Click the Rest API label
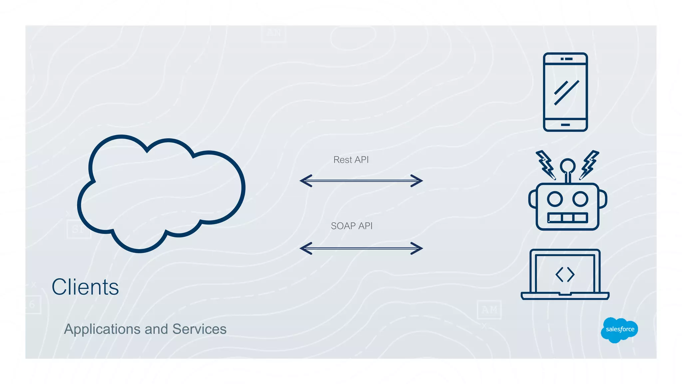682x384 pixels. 351,160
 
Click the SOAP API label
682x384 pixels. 351,226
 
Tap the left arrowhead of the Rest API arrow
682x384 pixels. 305,181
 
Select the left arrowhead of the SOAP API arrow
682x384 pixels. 305,248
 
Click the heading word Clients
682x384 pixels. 85,287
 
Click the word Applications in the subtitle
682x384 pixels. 102,329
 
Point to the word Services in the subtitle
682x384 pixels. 199,329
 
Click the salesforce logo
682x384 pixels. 619,330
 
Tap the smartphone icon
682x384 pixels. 565,92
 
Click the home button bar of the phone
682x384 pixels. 565,125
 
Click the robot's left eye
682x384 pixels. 555,199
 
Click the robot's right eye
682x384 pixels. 580,199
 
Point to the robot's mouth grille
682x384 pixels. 567,218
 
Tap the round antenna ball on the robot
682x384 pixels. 567,165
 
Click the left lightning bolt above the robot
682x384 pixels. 545,165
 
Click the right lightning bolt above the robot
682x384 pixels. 589,165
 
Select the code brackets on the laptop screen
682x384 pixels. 565,275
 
